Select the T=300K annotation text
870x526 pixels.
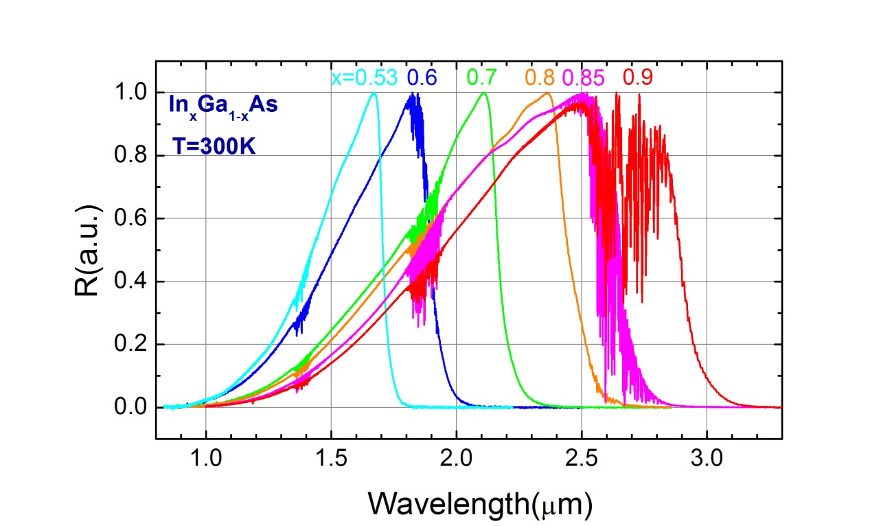click(213, 146)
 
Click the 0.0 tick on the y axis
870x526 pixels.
click(133, 408)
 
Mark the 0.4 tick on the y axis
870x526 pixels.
click(133, 282)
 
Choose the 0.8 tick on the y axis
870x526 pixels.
click(133, 156)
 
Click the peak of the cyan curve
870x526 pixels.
click(374, 93)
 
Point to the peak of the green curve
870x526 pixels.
click(484, 93)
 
